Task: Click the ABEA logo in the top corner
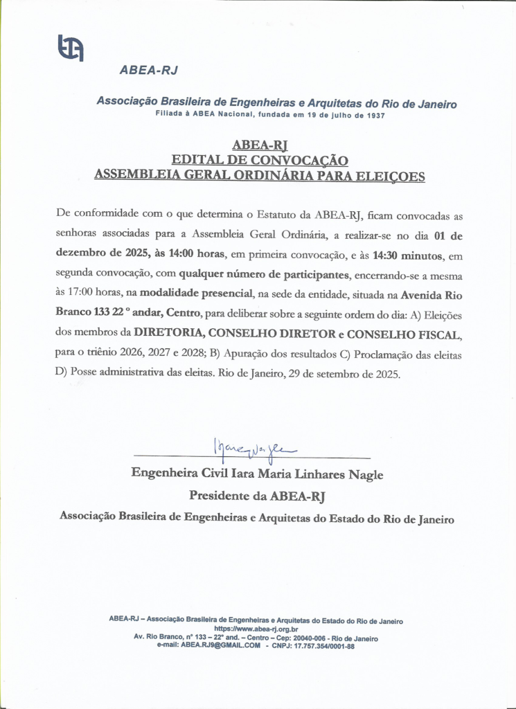70,47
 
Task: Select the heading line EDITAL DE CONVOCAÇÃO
260,160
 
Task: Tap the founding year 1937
375,114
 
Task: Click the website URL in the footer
256,629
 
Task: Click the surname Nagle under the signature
366,475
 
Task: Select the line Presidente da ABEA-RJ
257,496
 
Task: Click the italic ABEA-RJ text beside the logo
149,70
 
